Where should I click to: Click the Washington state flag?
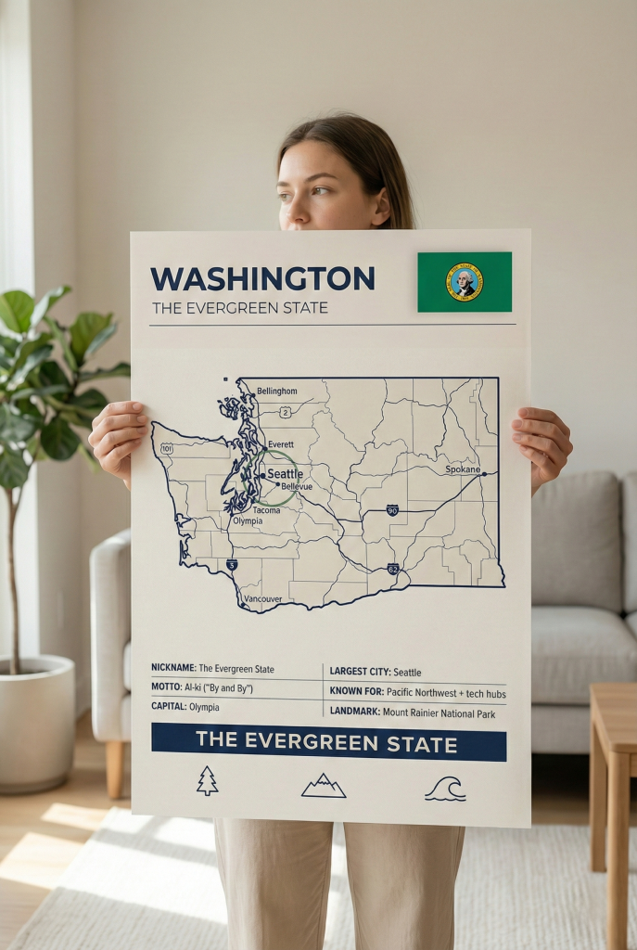(464, 282)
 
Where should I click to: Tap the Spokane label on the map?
(463, 469)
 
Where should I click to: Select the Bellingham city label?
(276, 392)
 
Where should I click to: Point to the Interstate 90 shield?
(392, 510)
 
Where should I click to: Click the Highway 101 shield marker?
(167, 448)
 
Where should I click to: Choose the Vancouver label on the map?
(262, 599)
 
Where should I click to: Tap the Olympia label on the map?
(247, 521)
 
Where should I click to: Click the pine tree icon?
(207, 781)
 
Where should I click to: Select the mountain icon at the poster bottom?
(324, 787)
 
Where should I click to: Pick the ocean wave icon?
(445, 789)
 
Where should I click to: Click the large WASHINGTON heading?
(262, 278)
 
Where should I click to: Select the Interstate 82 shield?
(393, 569)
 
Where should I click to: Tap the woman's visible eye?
(319, 191)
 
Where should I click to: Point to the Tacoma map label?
(266, 510)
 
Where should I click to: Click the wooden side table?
(613, 789)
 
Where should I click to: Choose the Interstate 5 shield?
(232, 564)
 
